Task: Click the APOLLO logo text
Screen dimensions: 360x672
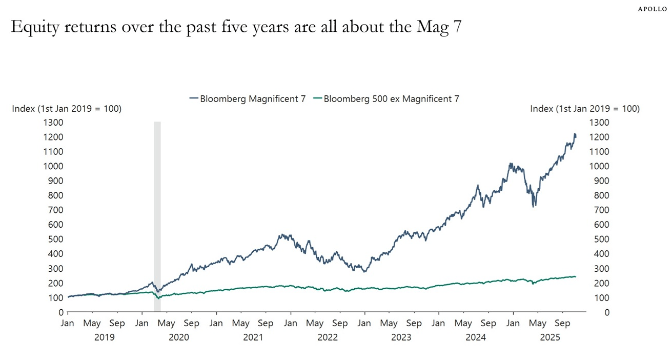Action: coord(653,9)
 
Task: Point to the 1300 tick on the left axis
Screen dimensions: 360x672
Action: coord(54,123)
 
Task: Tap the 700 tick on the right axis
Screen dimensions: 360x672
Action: coord(599,210)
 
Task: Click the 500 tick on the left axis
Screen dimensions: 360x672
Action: coord(56,239)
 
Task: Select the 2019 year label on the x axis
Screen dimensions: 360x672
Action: coord(105,337)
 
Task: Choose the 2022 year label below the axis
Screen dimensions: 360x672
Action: coord(328,337)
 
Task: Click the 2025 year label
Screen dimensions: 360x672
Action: coord(551,337)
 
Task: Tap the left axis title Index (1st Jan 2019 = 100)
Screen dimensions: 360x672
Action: coord(67,109)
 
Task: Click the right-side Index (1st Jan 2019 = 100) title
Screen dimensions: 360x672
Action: coord(584,109)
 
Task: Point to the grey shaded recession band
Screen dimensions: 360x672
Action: coord(157,215)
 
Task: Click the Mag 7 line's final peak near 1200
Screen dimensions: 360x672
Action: coord(575,134)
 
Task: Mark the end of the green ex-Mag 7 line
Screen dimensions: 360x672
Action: coord(575,277)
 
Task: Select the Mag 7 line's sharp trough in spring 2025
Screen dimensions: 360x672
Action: coord(534,206)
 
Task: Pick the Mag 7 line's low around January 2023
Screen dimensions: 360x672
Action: coord(364,271)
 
